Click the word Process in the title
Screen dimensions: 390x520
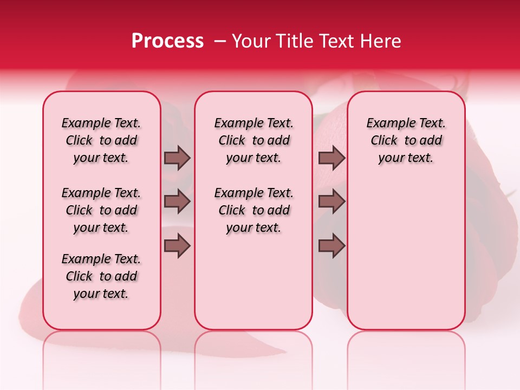click(x=167, y=41)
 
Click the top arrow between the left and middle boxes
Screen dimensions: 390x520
click(x=177, y=158)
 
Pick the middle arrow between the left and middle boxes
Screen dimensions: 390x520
click(x=177, y=202)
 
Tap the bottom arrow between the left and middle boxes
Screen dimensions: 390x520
click(x=177, y=246)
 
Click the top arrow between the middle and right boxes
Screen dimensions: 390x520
click(x=331, y=158)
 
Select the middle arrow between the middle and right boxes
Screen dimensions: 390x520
click(x=331, y=202)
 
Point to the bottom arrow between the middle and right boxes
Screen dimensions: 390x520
click(x=331, y=246)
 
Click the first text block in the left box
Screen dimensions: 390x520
click(x=101, y=141)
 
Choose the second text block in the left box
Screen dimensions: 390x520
click(x=101, y=210)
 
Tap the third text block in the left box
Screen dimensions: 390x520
click(x=101, y=276)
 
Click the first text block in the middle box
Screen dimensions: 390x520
click(x=253, y=141)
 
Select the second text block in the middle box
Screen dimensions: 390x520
click(x=253, y=210)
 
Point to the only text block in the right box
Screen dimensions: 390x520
click(x=406, y=141)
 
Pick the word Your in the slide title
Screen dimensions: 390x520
click(x=250, y=41)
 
